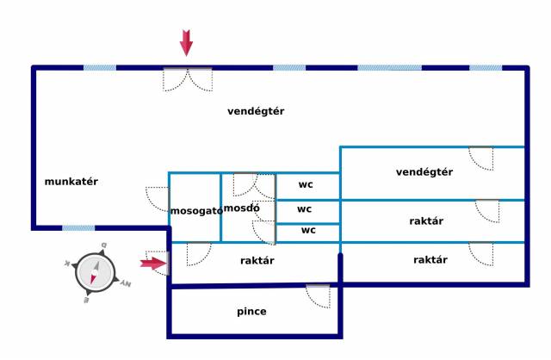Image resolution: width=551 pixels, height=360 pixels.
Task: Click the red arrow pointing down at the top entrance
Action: (186, 41)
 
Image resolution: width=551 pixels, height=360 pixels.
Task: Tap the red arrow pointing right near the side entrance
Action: (153, 264)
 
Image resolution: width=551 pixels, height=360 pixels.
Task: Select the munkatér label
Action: (71, 182)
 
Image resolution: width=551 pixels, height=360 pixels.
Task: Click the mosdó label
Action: (236, 208)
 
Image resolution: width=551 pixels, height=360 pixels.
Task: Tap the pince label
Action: (251, 311)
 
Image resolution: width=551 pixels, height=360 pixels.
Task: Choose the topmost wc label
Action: (306, 184)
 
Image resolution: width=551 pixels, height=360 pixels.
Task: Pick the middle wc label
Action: (304, 208)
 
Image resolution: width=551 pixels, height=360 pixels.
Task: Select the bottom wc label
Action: (308, 230)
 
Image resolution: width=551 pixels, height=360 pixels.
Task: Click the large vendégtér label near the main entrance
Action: (256, 111)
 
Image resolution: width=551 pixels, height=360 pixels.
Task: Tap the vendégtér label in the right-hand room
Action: (424, 172)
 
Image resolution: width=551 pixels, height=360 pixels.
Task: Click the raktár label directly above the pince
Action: (257, 260)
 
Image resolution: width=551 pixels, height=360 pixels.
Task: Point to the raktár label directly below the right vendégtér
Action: (426, 221)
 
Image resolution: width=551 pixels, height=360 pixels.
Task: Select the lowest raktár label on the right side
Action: (430, 260)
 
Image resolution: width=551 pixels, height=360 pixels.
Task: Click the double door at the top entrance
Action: (187, 78)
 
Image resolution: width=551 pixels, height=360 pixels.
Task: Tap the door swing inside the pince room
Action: (318, 295)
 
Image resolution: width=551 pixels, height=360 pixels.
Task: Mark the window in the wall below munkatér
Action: (78, 228)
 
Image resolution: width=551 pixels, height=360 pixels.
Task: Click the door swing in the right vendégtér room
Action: (480, 158)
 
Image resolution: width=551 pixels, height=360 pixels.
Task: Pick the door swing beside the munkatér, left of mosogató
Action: (158, 199)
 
